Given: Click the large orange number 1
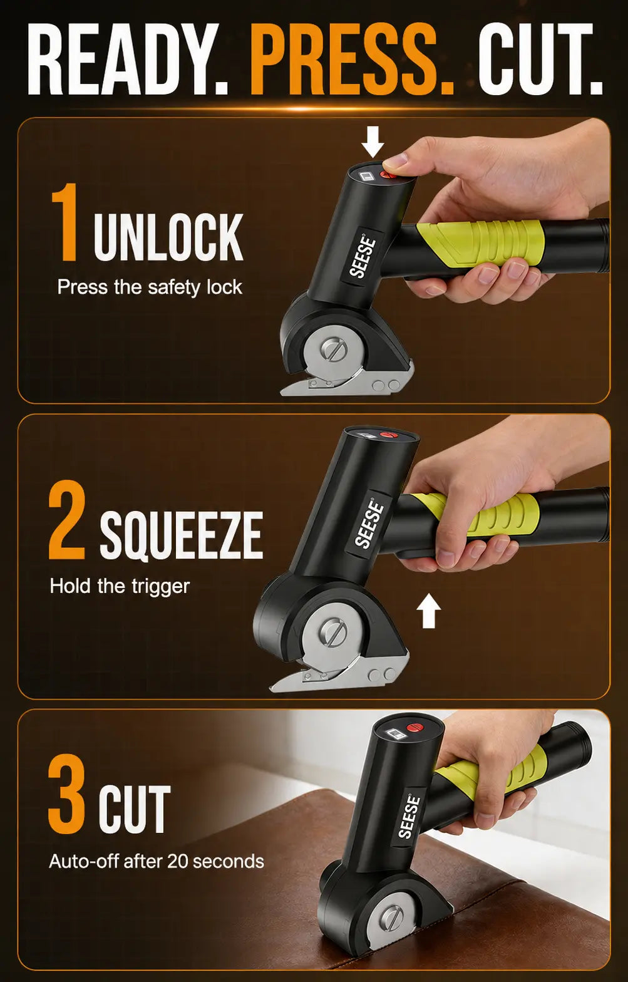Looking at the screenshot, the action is [65, 222].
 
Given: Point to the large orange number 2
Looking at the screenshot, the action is [66, 520].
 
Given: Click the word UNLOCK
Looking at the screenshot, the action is [168, 237].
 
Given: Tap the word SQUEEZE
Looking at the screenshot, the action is [181, 535].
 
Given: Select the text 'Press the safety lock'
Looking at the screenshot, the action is [150, 287].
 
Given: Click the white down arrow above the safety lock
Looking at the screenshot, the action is [373, 142].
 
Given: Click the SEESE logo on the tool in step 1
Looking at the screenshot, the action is [363, 257].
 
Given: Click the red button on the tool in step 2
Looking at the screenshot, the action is [388, 435].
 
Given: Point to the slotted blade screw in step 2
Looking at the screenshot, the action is [333, 631].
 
